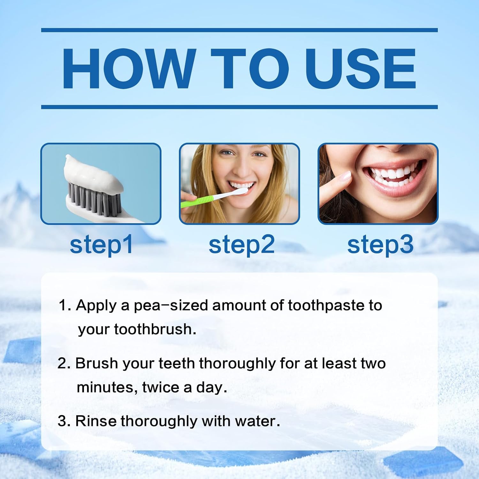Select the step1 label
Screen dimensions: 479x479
tap(101, 245)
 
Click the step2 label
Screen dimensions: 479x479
tap(241, 245)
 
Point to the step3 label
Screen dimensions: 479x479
tap(380, 245)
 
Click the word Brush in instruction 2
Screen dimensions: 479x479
tap(96, 363)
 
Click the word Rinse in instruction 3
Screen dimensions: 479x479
tap(96, 421)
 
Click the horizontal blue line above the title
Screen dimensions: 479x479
tap(240, 30)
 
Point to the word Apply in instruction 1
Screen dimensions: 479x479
tap(96, 306)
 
